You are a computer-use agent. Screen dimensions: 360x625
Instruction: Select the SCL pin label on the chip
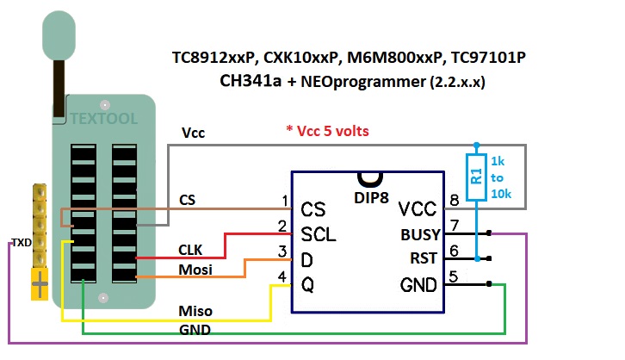click(x=319, y=233)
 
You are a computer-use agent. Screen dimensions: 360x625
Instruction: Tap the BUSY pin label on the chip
click(x=421, y=233)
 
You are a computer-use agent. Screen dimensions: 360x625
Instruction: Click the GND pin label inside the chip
click(x=419, y=284)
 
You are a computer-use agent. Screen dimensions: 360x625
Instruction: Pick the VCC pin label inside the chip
click(x=419, y=209)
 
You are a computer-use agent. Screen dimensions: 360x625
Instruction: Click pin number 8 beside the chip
click(x=454, y=202)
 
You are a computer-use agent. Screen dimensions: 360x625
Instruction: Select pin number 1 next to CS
click(x=284, y=202)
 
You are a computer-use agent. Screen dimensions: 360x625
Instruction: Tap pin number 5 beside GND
click(x=454, y=276)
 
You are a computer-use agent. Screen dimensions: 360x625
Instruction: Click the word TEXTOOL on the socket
click(x=103, y=118)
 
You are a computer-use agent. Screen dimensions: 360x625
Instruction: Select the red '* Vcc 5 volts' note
click(x=327, y=131)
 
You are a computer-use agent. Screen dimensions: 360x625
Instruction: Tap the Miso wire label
click(x=195, y=310)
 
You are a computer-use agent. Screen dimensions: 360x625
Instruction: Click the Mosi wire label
click(x=195, y=270)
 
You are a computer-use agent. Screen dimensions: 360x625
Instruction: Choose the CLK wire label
click(x=190, y=250)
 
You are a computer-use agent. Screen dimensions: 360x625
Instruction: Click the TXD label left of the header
click(x=21, y=243)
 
